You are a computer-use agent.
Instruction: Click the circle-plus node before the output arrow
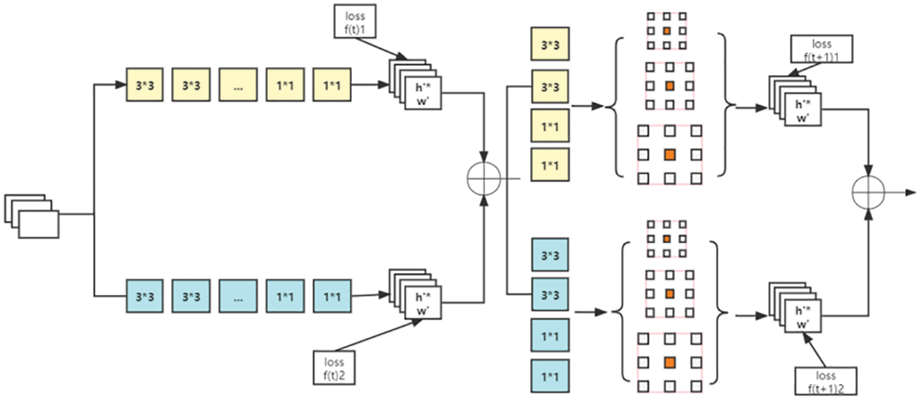click(869, 193)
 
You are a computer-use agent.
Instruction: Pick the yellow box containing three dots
click(238, 85)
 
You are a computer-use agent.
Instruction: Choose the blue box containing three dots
click(238, 296)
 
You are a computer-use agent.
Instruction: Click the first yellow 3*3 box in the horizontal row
click(145, 85)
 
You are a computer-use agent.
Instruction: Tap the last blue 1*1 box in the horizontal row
click(332, 296)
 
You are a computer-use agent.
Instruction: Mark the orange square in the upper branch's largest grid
click(669, 155)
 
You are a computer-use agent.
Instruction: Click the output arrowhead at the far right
click(913, 193)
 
